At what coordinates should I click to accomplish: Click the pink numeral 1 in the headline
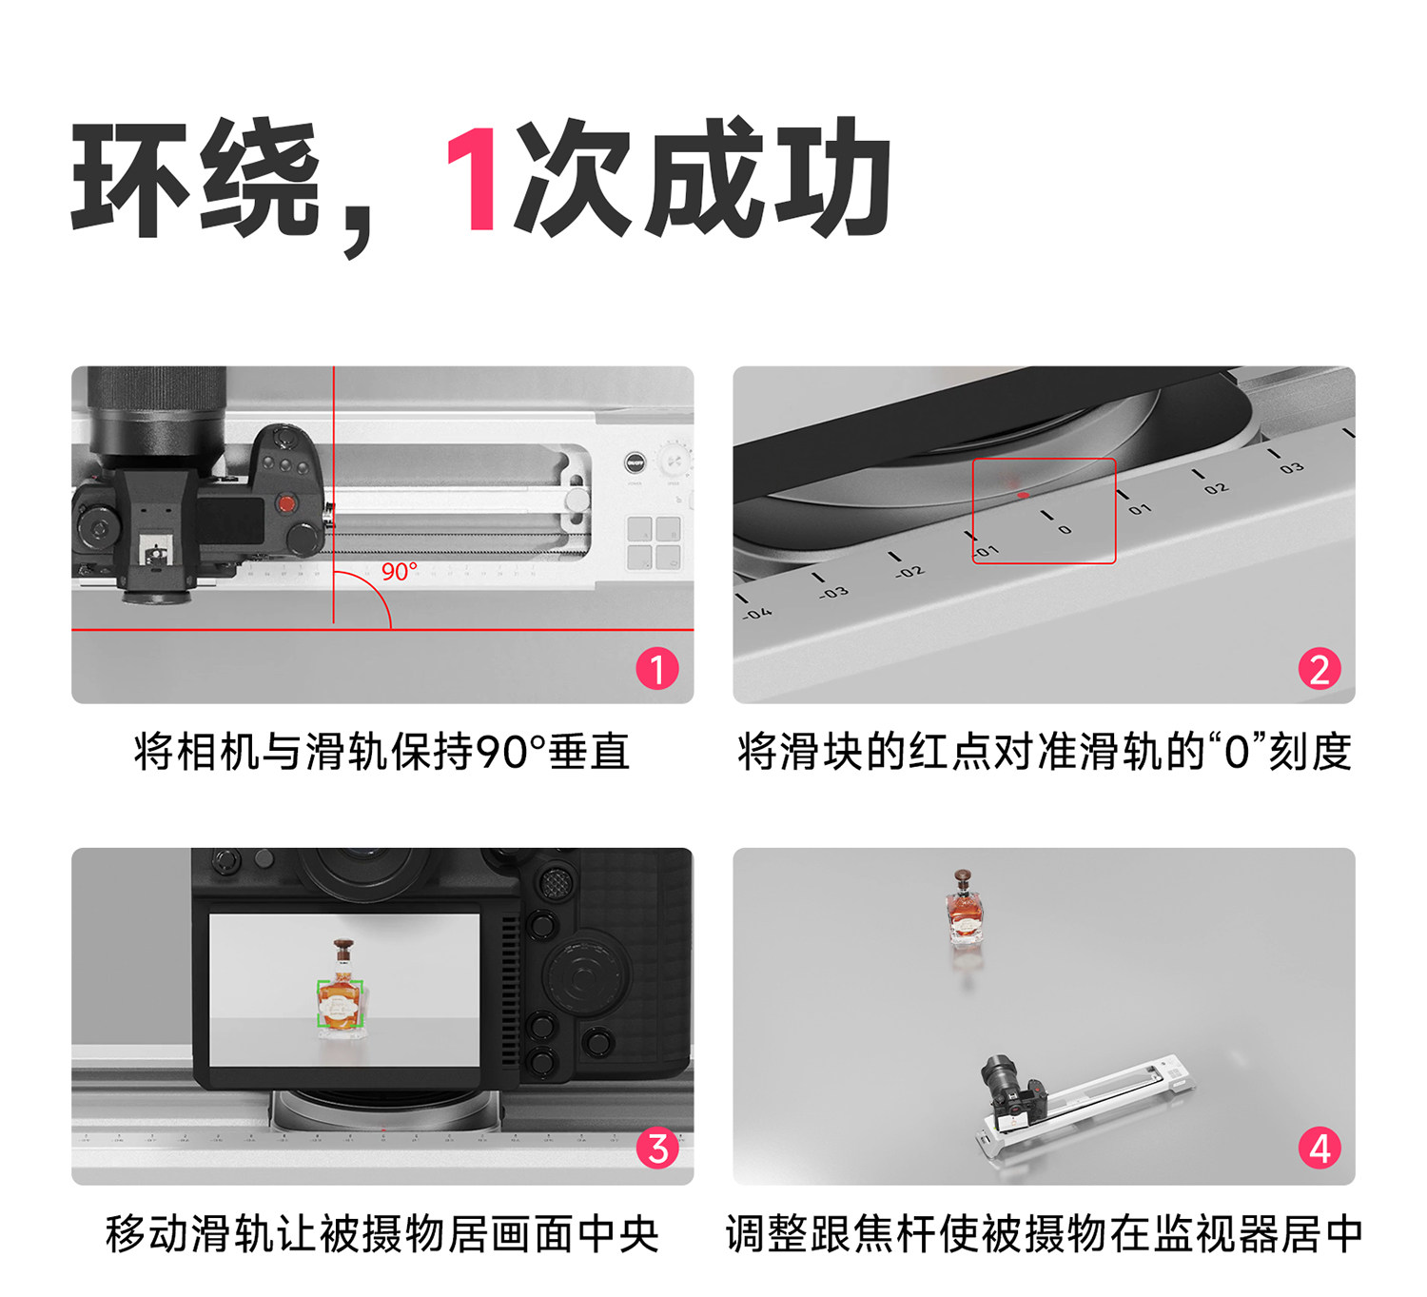coord(473,179)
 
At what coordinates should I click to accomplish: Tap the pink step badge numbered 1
coord(657,668)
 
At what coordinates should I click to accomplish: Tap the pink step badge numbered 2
coord(1319,669)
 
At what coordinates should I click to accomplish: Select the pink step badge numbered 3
coord(657,1149)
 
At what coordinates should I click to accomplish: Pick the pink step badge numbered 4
coord(1319,1149)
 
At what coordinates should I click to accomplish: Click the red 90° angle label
coord(400,572)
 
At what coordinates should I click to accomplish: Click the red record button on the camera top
coord(286,503)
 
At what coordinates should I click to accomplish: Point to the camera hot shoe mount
coord(153,551)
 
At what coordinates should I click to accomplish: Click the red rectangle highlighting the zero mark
coord(1044,511)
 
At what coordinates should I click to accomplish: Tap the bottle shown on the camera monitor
coord(340,991)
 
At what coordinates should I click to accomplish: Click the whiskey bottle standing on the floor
coord(965,908)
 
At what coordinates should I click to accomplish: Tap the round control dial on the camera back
coord(584,974)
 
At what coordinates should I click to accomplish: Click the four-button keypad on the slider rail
coord(654,542)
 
